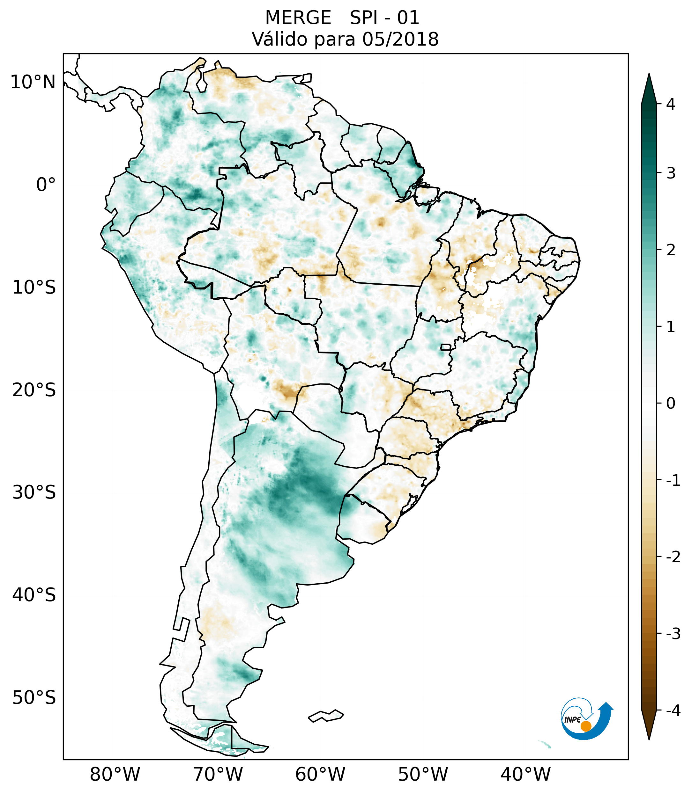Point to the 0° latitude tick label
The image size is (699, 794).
tap(46, 185)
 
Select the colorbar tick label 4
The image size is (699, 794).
tap(671, 104)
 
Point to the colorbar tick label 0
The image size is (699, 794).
tap(671, 404)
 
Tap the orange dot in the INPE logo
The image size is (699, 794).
tap(585, 726)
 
